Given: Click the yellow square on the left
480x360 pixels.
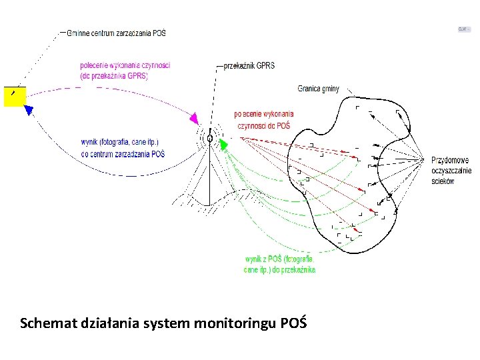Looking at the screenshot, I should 14,97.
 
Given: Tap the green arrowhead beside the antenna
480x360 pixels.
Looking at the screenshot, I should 223,143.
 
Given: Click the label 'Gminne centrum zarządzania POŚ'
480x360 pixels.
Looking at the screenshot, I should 117,33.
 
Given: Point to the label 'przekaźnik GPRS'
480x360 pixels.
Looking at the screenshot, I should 249,66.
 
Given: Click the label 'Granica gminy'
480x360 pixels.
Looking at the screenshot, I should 318,89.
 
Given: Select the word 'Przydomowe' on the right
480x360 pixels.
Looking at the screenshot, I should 450,160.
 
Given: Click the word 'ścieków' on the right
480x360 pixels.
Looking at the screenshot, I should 443,181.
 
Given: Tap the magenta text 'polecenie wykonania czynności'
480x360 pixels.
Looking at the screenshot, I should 125,65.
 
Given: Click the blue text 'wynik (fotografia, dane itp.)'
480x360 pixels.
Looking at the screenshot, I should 120,142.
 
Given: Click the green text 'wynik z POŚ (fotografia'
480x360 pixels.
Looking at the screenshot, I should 279,259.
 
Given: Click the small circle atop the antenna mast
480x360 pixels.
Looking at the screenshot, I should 210,139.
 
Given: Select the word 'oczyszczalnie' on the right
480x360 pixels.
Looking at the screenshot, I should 451,171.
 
